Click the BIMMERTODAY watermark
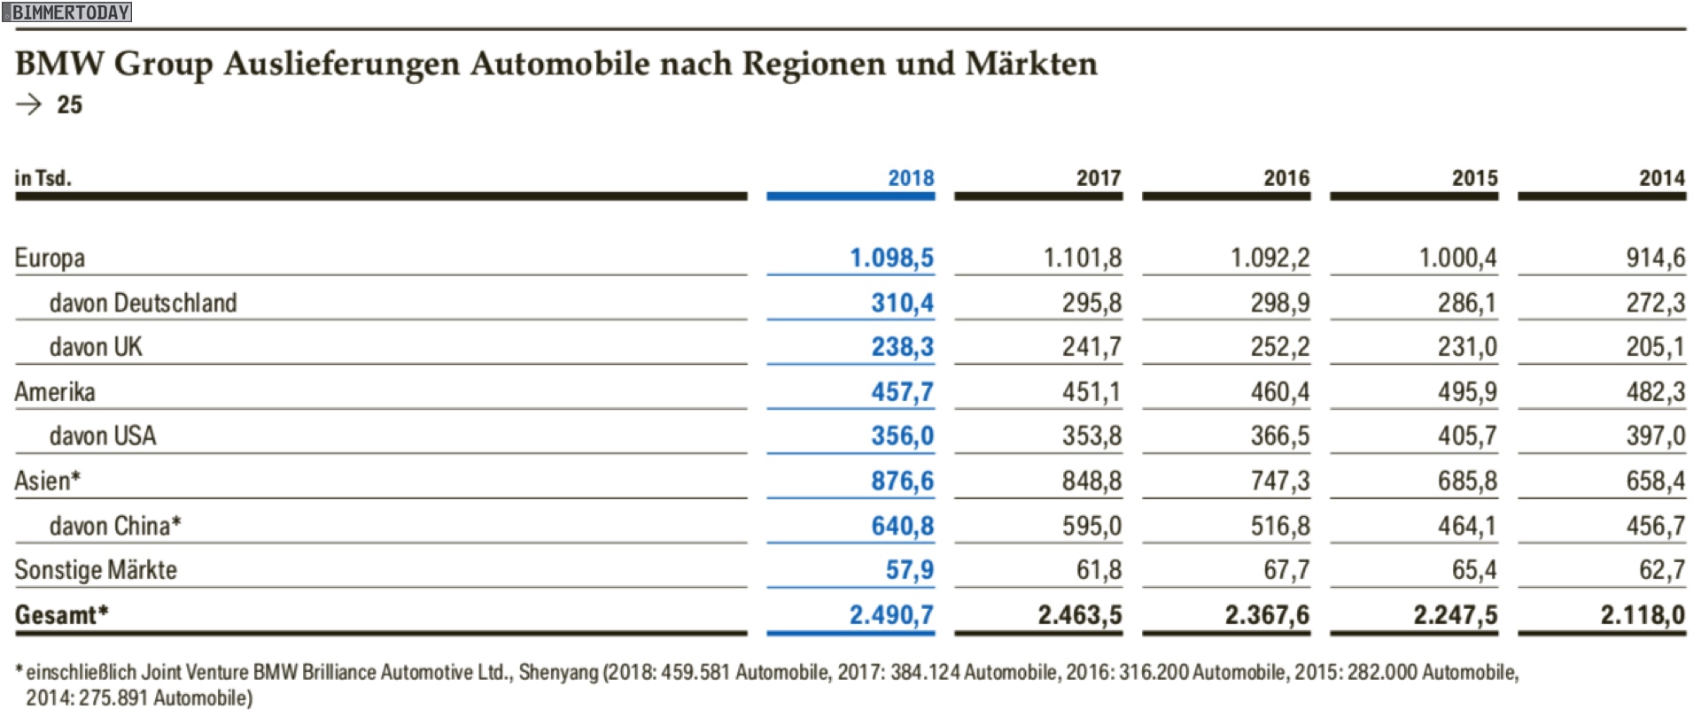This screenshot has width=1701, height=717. pyautogui.click(x=67, y=12)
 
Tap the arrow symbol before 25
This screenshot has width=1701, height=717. pyautogui.click(x=29, y=104)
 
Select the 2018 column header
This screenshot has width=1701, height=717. pyautogui.click(x=911, y=178)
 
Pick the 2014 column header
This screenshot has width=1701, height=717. pyautogui.click(x=1661, y=178)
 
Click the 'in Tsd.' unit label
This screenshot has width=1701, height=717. pyautogui.click(x=43, y=178)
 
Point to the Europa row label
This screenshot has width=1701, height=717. pyautogui.click(x=50, y=258)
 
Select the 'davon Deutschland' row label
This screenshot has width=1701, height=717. pyautogui.click(x=144, y=303)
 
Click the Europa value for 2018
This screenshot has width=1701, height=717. pyautogui.click(x=891, y=258)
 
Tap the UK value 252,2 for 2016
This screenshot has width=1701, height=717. pyautogui.click(x=1279, y=347)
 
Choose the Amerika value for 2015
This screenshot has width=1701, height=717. pyautogui.click(x=1467, y=391)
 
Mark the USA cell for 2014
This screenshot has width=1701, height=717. pyautogui.click(x=1655, y=436)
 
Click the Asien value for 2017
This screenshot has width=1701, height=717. pyautogui.click(x=1091, y=481)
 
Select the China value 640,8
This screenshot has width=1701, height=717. pyautogui.click(x=902, y=526)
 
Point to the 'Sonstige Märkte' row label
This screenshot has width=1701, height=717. pyautogui.click(x=96, y=570)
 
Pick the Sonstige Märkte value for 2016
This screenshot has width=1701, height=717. pyautogui.click(x=1286, y=570)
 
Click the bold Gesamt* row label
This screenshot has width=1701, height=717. pyautogui.click(x=61, y=614)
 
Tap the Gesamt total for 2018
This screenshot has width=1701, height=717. pyautogui.click(x=891, y=614)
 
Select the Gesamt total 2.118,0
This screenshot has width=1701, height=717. pyautogui.click(x=1643, y=614)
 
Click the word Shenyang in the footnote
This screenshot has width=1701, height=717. pyautogui.click(x=559, y=673)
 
